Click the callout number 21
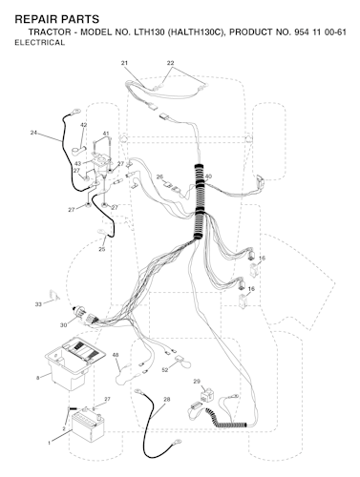point(124,63)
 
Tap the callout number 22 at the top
point(171,63)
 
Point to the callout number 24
point(33,133)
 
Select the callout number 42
point(83,125)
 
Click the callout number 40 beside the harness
point(208,176)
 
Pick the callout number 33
point(38,304)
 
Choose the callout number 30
point(64,325)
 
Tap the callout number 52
point(165,370)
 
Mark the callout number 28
point(166,399)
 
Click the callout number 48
point(116,355)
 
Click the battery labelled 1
point(88,426)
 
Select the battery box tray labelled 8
point(74,363)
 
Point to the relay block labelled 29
point(207,395)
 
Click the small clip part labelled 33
point(54,295)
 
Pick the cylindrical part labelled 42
point(78,150)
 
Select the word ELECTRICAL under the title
point(40,43)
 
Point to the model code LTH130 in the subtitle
point(149,32)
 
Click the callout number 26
point(160,176)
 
